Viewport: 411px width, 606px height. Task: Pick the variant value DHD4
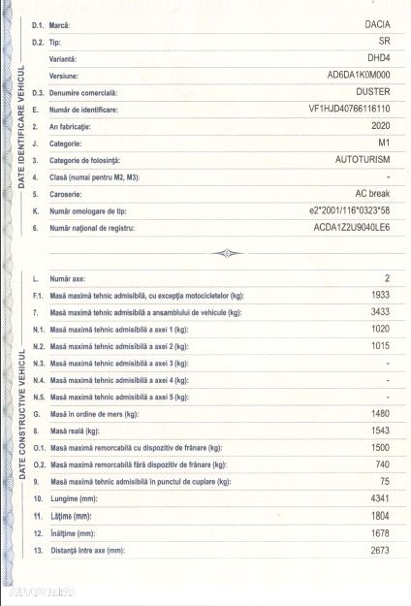[376, 58]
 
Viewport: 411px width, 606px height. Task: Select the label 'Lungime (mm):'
[79, 498]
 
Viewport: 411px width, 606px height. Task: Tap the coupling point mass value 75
[384, 481]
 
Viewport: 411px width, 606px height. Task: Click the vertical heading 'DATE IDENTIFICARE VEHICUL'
[20, 126]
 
